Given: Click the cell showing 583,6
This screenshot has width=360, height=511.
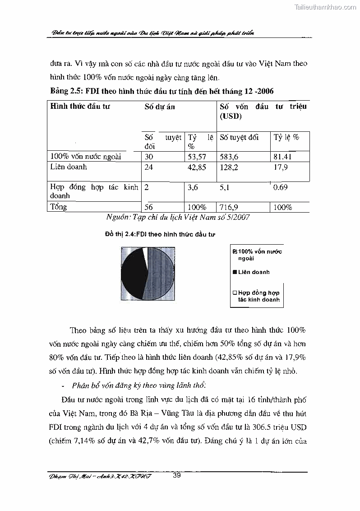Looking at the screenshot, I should (x=231, y=157).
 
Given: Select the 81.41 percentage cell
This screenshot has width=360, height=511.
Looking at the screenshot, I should (x=283, y=157).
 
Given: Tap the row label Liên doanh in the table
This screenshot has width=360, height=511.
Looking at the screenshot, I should (x=69, y=167).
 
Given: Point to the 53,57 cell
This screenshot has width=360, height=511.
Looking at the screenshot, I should (x=197, y=157).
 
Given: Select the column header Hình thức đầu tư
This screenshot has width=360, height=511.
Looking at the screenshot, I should (x=80, y=107).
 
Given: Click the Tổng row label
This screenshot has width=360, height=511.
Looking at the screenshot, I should (x=59, y=207).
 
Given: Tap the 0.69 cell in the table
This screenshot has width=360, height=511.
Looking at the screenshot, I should (x=281, y=187).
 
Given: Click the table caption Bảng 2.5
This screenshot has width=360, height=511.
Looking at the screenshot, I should (x=162, y=91).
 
